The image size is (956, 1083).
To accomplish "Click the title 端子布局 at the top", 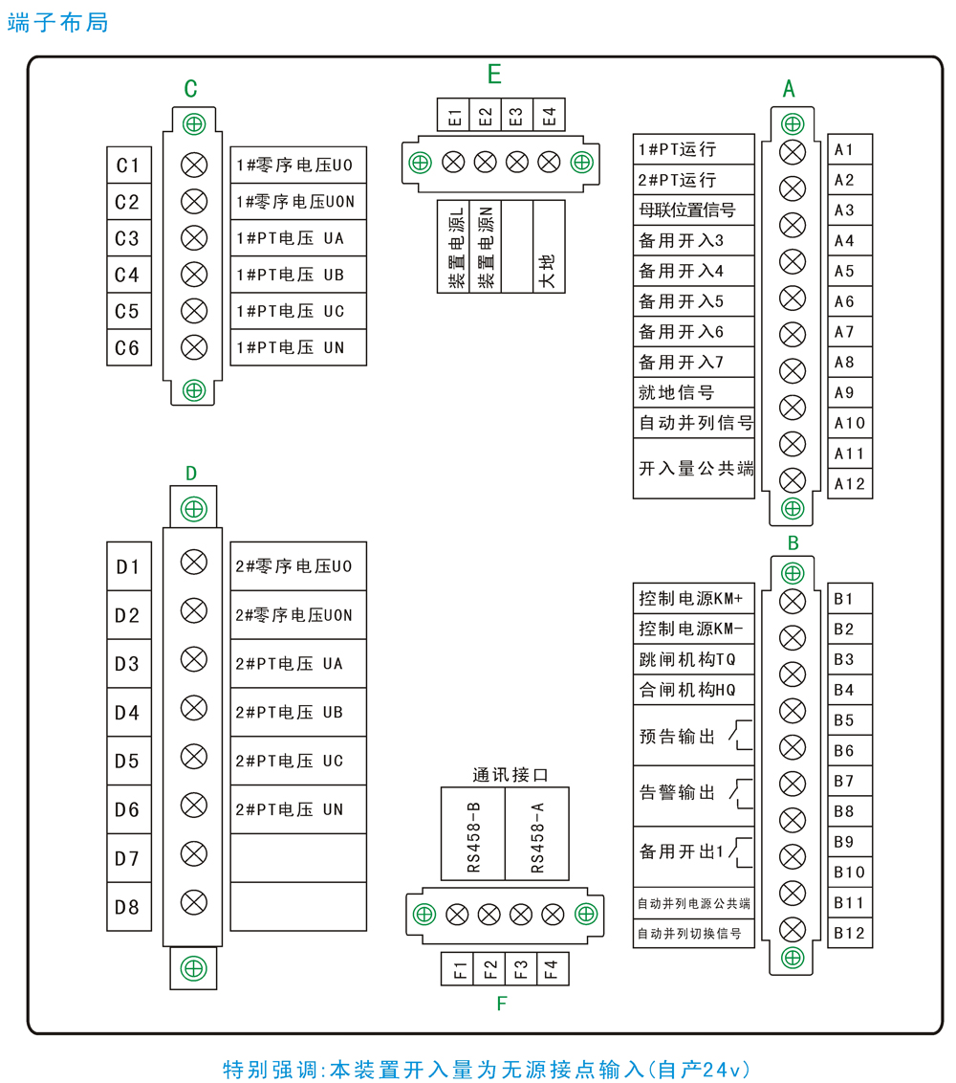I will (x=57, y=22).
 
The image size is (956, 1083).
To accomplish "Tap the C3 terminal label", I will (x=128, y=238).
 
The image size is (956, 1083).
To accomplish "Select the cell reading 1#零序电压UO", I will (x=297, y=166).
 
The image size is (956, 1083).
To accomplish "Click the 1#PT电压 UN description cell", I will (x=297, y=347).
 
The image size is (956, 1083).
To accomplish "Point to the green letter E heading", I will (x=494, y=75).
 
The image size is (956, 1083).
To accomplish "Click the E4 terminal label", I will (x=549, y=116).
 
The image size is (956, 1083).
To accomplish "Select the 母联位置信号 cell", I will (x=693, y=210).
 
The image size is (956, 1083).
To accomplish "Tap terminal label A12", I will (x=849, y=484).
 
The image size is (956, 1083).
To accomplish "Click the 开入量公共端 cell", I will (x=693, y=469).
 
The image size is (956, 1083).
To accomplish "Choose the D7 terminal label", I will (x=128, y=859).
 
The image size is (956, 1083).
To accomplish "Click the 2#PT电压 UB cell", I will (x=297, y=713).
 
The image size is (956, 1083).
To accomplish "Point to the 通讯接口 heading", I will (x=511, y=774).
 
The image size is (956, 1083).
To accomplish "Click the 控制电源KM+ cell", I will (x=693, y=600).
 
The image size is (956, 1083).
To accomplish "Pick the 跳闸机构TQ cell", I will (x=693, y=660).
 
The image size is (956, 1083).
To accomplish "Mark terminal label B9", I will (x=849, y=842).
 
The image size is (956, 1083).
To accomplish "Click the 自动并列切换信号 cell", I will (x=693, y=934).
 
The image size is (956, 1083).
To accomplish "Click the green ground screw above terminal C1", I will (x=194, y=123).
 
